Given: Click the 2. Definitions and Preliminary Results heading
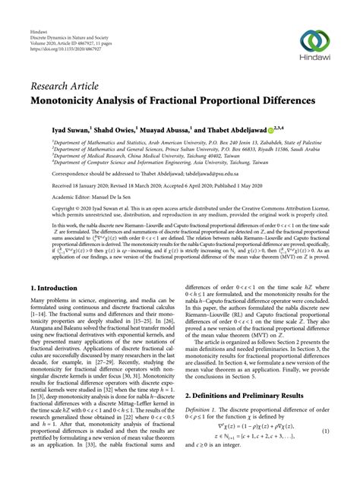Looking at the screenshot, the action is pyautogui.click(x=250, y=395).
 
